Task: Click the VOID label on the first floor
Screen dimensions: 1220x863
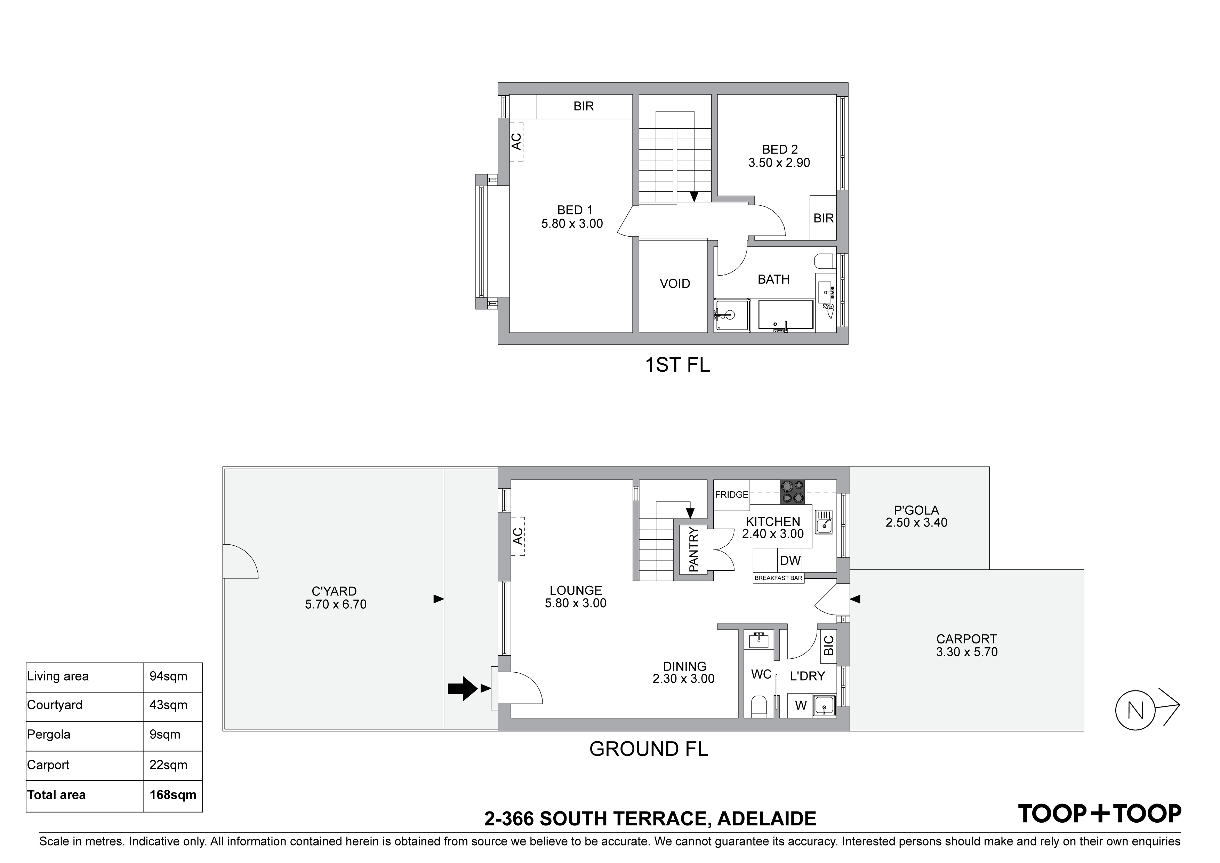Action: click(x=675, y=283)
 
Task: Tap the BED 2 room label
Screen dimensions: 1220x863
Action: click(x=779, y=149)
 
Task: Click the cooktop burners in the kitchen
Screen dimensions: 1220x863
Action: click(x=792, y=492)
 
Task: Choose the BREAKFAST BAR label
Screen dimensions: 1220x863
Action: click(x=778, y=578)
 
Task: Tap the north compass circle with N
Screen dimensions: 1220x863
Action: click(x=1135, y=710)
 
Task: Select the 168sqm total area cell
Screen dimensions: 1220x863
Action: click(x=173, y=795)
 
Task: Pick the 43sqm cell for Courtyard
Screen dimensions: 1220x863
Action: click(x=168, y=705)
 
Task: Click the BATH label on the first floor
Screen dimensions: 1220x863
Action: click(x=774, y=279)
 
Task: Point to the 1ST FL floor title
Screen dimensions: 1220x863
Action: click(x=677, y=365)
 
